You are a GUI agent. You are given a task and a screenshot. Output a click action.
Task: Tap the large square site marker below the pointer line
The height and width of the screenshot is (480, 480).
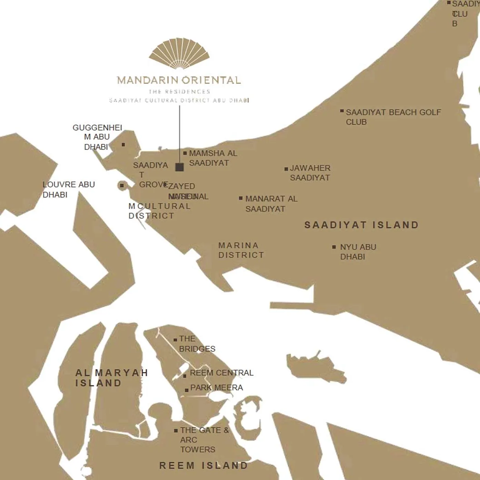coord(179,167)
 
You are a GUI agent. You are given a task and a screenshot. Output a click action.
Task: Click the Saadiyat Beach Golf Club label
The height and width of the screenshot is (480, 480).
coord(393,117)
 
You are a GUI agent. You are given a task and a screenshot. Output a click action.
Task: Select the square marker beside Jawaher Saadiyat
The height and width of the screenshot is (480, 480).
coord(286,169)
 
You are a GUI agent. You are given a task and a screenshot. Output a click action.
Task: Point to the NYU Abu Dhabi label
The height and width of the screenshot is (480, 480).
coord(358,252)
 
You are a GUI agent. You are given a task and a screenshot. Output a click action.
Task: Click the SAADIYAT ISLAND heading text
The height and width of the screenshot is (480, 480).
coord(361,225)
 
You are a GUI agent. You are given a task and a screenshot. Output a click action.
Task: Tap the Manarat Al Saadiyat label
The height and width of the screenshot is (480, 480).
coord(271,203)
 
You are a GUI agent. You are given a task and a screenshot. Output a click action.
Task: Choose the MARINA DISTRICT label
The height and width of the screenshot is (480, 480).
coord(241,250)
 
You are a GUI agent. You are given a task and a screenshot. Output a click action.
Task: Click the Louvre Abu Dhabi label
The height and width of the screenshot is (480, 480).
coord(68,189)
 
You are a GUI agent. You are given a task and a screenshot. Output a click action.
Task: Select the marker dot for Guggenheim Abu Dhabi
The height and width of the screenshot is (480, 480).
coord(123,145)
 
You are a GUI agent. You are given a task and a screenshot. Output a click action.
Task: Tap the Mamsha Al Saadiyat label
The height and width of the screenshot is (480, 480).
coord(213,158)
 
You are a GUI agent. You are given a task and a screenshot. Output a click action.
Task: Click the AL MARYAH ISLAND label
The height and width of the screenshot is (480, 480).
coord(111,378)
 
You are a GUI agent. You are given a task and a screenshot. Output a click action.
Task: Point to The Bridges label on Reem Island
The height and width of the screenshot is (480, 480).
coord(197,343)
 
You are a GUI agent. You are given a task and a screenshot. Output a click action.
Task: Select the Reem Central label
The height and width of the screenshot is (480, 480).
coord(221,373)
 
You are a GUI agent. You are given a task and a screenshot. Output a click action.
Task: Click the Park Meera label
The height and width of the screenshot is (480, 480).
coord(216,388)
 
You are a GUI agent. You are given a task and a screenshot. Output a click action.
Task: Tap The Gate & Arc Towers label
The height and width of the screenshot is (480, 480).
coord(203,440)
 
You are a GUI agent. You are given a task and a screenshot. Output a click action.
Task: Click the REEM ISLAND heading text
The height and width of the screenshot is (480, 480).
coord(203,466)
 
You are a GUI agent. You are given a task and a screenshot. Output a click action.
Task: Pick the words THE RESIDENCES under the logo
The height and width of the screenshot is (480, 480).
coord(179,92)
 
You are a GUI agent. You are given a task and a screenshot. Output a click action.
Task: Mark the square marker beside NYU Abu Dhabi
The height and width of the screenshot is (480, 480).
coord(334,247)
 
